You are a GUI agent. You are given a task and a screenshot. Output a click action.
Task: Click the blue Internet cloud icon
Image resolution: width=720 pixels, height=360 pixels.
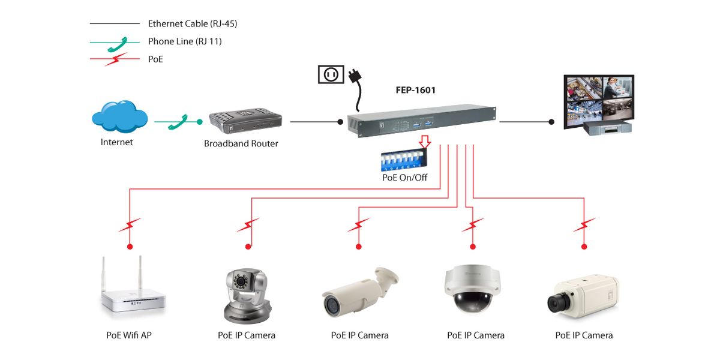pos(119,116)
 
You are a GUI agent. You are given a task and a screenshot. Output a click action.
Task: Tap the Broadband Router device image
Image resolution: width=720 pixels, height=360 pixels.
pos(245,121)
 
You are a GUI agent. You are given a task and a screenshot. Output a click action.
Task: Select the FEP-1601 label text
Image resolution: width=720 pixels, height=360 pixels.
pos(416,90)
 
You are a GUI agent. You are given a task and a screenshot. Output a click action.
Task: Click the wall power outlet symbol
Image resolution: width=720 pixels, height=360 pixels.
pos(331,74)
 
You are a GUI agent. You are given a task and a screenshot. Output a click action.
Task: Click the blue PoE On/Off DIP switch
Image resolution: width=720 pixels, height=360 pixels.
pos(404,161)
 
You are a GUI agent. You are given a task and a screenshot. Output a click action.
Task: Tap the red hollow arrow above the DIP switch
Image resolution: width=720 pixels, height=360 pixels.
pos(425,142)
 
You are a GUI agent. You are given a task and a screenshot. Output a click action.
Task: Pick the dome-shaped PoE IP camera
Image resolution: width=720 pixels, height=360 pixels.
pos(472,289)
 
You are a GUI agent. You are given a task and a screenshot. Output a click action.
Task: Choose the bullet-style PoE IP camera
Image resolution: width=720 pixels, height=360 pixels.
pos(360,292)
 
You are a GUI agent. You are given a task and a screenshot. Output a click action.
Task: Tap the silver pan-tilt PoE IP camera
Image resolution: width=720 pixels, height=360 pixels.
pos(247,296)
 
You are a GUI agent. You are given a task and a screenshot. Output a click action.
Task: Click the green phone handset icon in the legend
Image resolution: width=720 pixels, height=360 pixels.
pos(118,44)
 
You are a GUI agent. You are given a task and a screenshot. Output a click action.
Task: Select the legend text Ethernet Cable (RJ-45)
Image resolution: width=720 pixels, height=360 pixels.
pos(193,24)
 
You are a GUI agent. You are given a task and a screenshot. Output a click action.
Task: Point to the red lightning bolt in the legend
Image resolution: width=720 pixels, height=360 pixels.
pos(116,59)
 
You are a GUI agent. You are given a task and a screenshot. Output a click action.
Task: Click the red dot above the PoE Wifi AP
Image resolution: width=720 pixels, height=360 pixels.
pos(130,247)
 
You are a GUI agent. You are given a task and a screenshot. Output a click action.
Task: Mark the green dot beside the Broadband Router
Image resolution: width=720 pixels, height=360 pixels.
pos(200,122)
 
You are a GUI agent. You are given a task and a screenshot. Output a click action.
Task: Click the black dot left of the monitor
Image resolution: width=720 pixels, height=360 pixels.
pos(551,122)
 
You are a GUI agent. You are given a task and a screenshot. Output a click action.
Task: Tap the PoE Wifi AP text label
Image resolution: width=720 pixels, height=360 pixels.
pos(129,335)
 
